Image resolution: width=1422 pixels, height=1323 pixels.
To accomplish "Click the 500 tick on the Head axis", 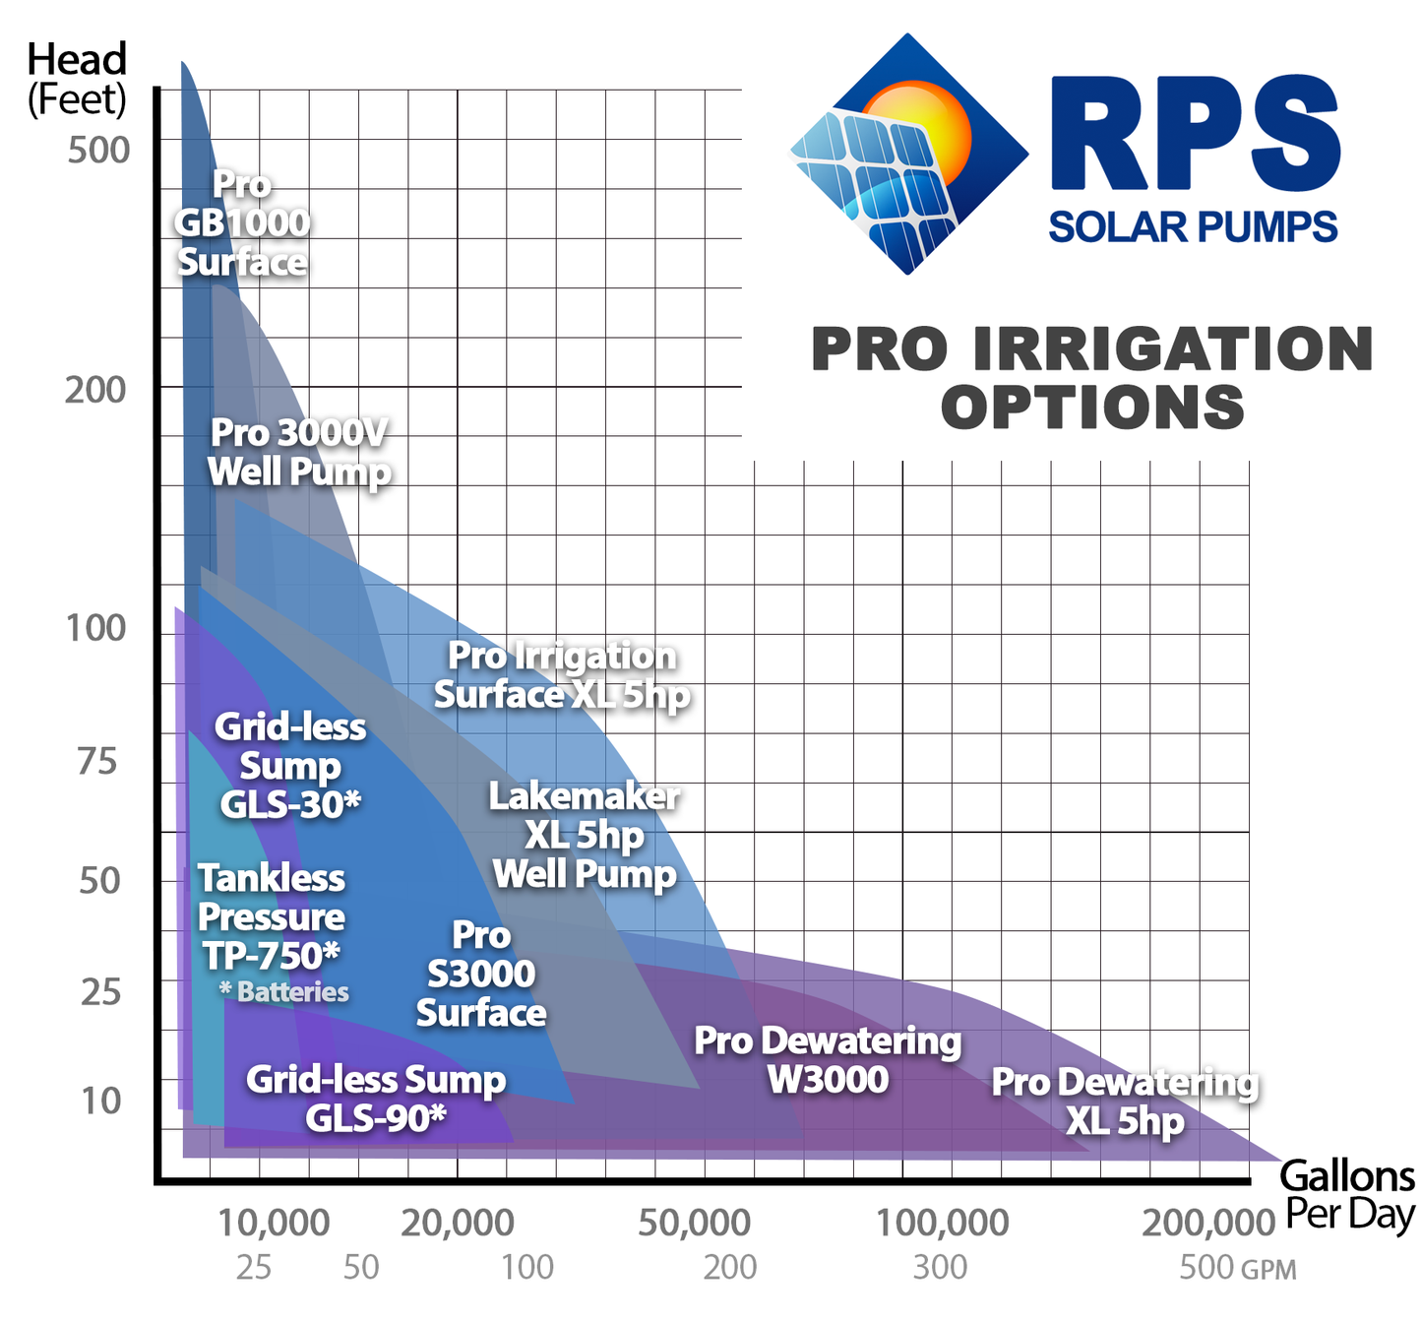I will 98,151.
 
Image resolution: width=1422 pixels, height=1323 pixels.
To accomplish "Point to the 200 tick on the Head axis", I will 95,391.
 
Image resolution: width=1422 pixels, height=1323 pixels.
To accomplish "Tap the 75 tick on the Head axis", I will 96,762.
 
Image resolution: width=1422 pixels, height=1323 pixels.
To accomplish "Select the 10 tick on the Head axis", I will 100,1101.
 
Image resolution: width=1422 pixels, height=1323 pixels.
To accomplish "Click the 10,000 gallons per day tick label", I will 273,1224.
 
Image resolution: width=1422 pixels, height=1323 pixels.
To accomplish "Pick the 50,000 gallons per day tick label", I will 694,1224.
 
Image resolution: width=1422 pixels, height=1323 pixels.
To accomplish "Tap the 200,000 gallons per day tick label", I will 1208,1224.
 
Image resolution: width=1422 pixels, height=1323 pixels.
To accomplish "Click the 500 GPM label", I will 1236,1268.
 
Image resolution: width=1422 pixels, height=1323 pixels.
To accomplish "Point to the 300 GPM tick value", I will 940,1268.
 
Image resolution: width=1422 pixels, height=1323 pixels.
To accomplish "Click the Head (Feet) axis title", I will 77,79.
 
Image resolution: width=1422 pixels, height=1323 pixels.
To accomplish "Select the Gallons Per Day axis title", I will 1348,1195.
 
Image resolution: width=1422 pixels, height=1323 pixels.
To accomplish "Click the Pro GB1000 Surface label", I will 242,223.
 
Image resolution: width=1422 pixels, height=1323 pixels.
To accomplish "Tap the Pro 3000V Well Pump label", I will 299,452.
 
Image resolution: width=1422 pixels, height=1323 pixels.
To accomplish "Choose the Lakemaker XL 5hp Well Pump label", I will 585,835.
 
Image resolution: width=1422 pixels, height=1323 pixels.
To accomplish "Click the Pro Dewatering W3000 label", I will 828,1060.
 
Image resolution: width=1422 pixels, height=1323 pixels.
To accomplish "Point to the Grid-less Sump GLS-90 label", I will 375,1099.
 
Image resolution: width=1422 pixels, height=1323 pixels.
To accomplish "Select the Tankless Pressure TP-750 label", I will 272,916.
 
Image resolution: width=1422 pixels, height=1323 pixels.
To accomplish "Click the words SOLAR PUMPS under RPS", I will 1193,227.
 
